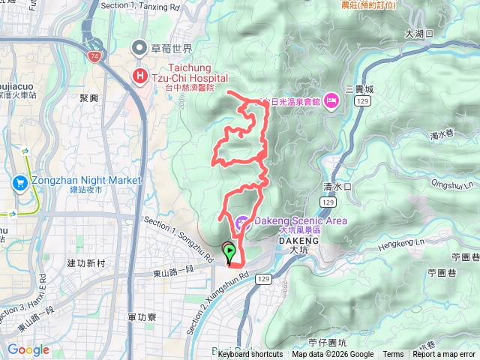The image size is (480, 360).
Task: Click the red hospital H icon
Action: pyautogui.click(x=139, y=75)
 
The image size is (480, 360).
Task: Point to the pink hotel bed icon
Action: pyautogui.click(x=331, y=101)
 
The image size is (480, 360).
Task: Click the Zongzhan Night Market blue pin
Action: pyautogui.click(x=20, y=181)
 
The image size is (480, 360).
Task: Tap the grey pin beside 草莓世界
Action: pyautogui.click(x=139, y=49)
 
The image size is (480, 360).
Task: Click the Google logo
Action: pyautogui.click(x=28, y=349)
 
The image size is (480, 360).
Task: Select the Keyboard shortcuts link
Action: pyautogui.click(x=250, y=355)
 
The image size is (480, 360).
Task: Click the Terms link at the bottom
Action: pyautogui.click(x=393, y=355)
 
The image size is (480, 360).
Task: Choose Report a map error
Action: pyautogui.click(x=445, y=355)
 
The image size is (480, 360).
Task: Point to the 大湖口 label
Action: pyautogui.click(x=419, y=34)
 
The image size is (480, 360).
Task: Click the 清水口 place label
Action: pyautogui.click(x=337, y=189)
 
